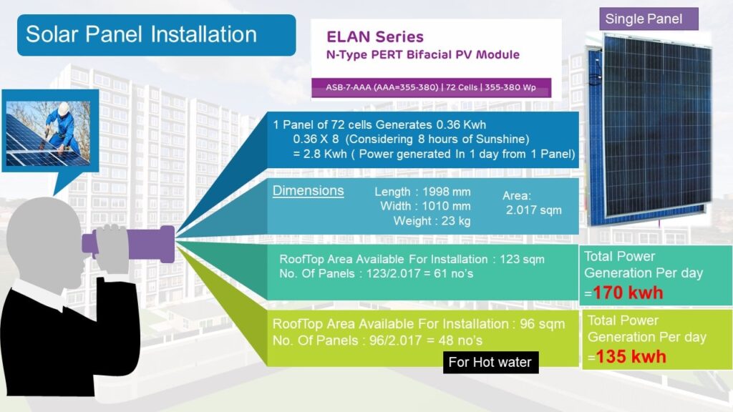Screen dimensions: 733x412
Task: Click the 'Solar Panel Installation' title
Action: [x=141, y=34]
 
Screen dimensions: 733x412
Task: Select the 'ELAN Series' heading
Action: [x=375, y=36]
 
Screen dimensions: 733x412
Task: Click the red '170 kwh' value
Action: [x=628, y=293]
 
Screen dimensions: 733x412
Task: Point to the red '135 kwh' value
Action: [x=631, y=357]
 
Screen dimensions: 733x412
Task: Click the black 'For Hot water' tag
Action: [x=490, y=362]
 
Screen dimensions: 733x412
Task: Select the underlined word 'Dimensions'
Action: [x=308, y=190]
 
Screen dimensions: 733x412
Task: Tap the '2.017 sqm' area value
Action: [x=534, y=210]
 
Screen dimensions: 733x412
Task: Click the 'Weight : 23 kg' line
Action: [x=432, y=221]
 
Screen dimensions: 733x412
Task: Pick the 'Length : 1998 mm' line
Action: [x=422, y=192]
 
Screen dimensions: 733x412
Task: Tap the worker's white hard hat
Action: [x=64, y=109]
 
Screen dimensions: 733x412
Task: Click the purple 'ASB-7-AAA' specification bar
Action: [x=431, y=87]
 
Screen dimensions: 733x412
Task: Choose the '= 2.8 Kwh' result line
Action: [x=434, y=154]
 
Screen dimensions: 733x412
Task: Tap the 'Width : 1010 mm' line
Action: [x=425, y=206]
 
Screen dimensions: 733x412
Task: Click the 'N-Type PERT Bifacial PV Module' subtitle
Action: [x=422, y=54]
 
